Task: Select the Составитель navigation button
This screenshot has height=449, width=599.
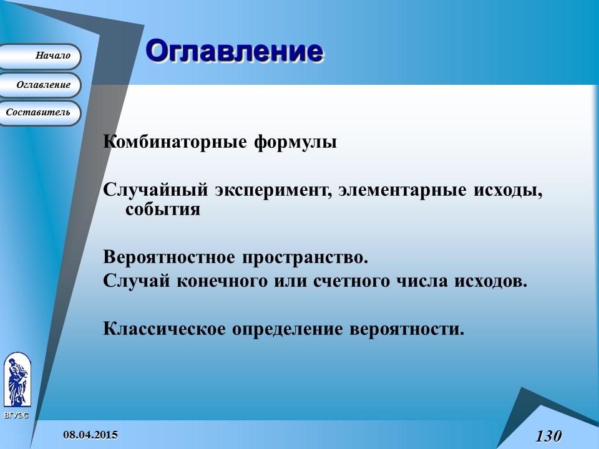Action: (39, 113)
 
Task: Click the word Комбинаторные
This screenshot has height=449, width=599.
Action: (175, 142)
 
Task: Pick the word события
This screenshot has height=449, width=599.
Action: (163, 210)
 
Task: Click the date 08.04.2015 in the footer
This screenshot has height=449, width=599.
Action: (90, 434)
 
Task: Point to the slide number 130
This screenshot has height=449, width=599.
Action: (548, 435)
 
